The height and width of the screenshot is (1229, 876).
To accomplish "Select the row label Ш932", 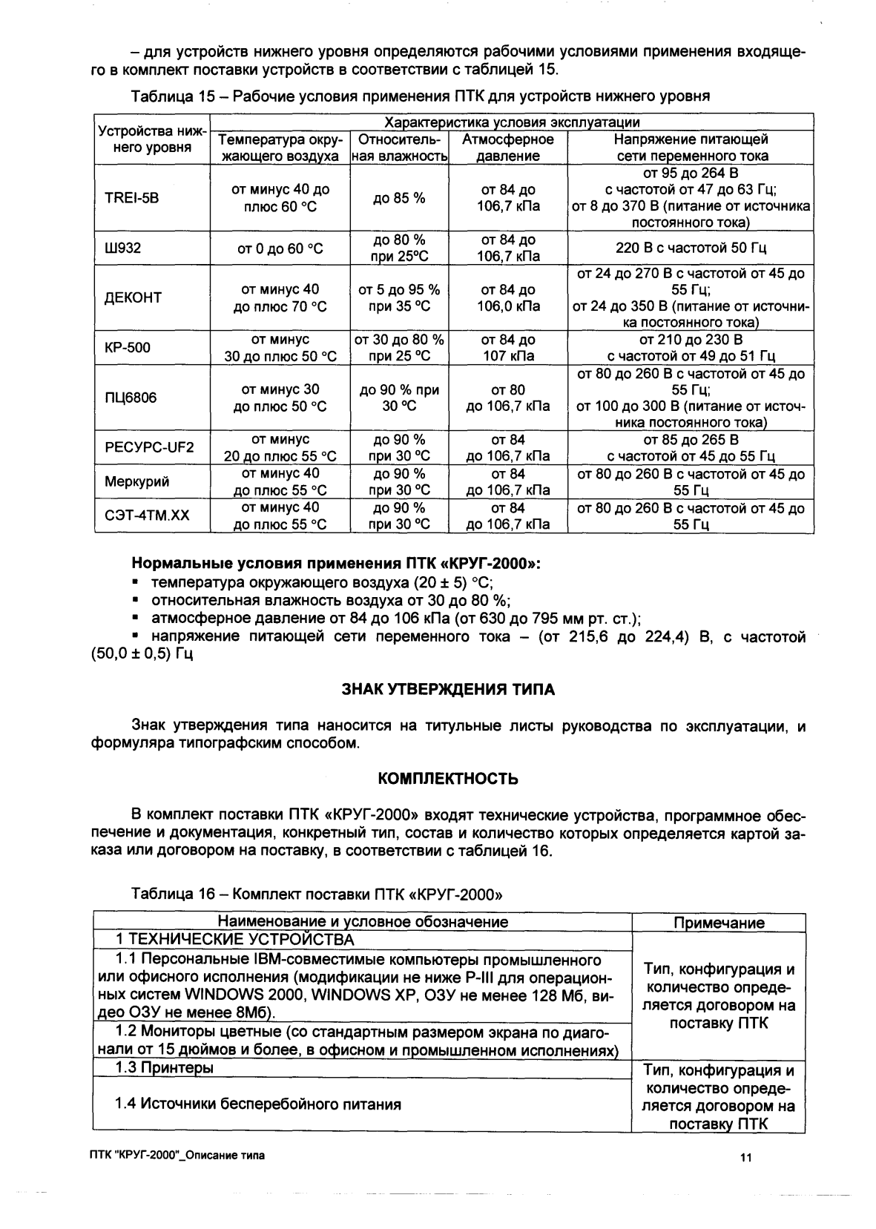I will click(x=123, y=248).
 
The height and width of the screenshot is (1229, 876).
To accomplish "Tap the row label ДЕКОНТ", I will click(x=133, y=298).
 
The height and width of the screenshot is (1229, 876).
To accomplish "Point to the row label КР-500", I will click(x=127, y=348).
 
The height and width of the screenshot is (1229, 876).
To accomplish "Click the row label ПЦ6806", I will click(x=131, y=398).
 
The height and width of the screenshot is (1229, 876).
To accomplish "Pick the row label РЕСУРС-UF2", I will click(x=149, y=447).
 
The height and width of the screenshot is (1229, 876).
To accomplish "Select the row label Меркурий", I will click(x=136, y=481).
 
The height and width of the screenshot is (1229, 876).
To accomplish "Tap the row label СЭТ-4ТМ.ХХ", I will click(x=147, y=515).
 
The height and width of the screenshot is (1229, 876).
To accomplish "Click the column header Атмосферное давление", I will click(x=507, y=148).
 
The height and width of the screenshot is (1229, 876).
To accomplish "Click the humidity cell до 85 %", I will click(x=399, y=198).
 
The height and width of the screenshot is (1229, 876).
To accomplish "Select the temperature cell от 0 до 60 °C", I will click(x=280, y=248).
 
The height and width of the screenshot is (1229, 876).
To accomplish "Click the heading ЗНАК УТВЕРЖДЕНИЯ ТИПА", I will click(x=447, y=690).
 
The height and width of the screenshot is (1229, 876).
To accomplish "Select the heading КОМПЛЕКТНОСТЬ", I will click(x=447, y=780).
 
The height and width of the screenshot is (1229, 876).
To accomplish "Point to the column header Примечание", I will click(x=718, y=923).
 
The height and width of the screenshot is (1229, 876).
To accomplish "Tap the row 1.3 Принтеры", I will click(x=164, y=1068).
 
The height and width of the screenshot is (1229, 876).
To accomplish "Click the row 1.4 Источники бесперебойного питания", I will click(x=257, y=1104).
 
